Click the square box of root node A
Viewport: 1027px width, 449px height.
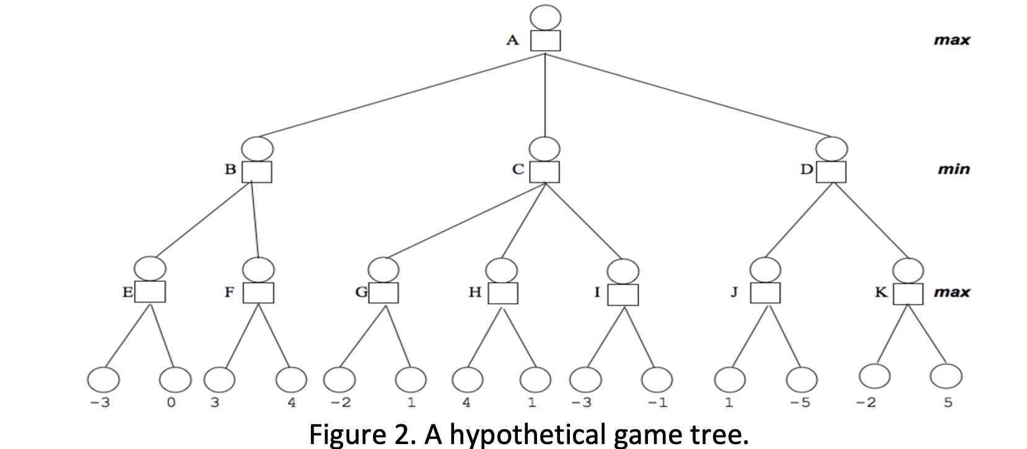tap(545, 41)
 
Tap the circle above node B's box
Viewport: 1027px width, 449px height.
tap(256, 149)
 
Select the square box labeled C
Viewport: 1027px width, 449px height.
tap(544, 172)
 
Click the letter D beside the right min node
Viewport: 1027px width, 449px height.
tap(806, 169)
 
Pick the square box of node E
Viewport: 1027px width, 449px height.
tap(150, 291)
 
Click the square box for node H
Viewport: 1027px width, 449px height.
tap(502, 293)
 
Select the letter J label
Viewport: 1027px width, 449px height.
tap(733, 293)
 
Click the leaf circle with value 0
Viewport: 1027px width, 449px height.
tap(175, 380)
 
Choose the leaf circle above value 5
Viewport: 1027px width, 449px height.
tap(946, 376)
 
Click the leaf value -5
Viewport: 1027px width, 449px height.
tap(800, 403)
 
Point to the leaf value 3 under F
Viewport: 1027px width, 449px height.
tap(214, 403)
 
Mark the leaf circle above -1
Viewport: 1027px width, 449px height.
tap(657, 379)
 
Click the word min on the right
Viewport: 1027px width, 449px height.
tap(953, 169)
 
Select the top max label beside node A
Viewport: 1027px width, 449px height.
tap(952, 41)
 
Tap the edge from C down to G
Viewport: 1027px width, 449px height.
tap(465, 220)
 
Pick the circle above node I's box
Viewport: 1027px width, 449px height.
tap(622, 272)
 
